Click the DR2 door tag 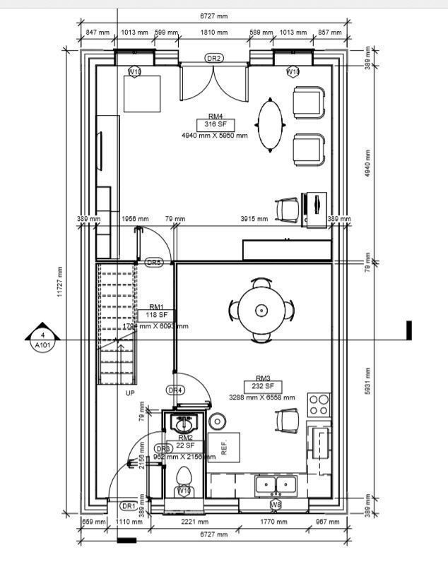click(x=214, y=58)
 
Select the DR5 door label click(x=154, y=263)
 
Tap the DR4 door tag click(x=175, y=390)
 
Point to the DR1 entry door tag click(x=129, y=506)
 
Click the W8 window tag click(x=276, y=505)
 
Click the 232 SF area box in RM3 click(x=262, y=387)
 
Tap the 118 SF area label click(x=157, y=316)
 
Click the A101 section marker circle click(x=42, y=340)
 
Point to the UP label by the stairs click(x=130, y=393)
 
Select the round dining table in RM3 click(x=261, y=310)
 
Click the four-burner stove click(x=319, y=404)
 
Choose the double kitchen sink click(x=276, y=484)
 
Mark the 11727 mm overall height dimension click(x=61, y=281)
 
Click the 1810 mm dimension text click(x=213, y=32)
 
